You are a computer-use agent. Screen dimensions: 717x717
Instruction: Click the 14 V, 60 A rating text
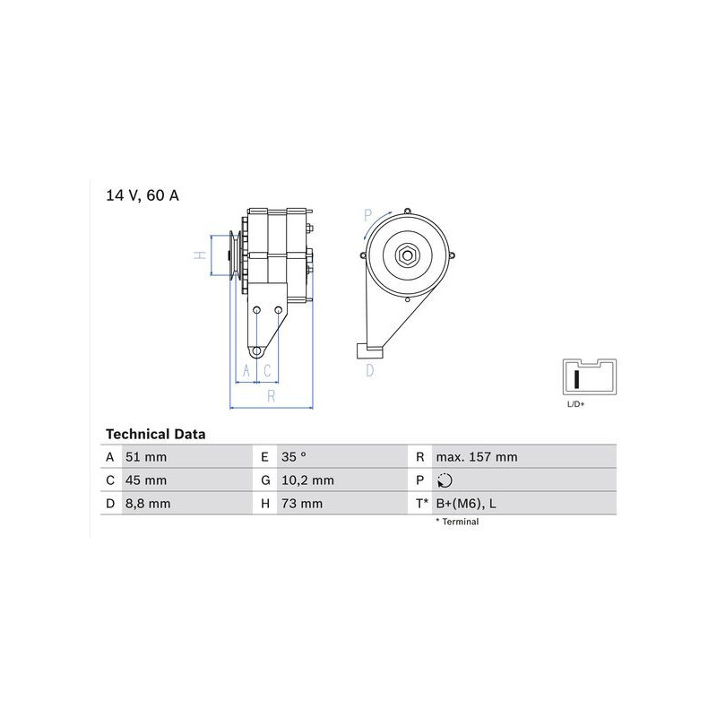(x=143, y=195)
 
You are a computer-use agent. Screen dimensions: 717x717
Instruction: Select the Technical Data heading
(x=155, y=434)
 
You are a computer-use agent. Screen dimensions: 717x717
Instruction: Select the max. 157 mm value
(x=477, y=457)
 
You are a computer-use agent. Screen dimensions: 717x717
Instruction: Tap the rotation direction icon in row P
(x=445, y=480)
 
